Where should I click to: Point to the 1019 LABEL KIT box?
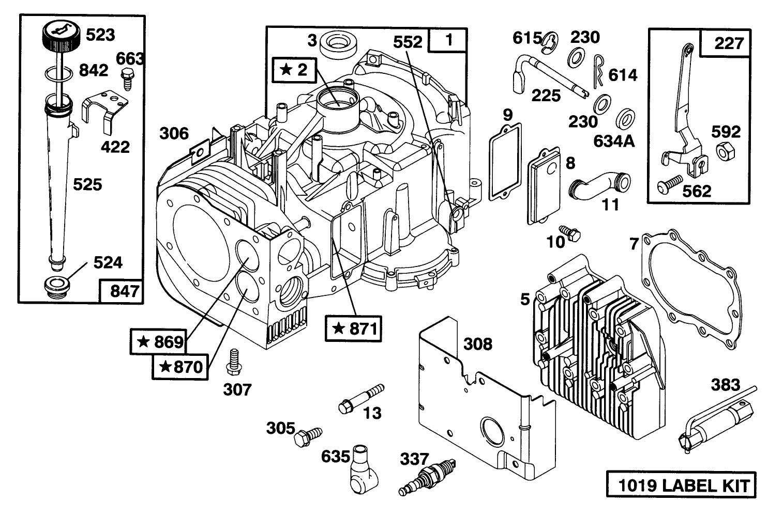(680, 485)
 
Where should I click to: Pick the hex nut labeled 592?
(724, 151)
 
